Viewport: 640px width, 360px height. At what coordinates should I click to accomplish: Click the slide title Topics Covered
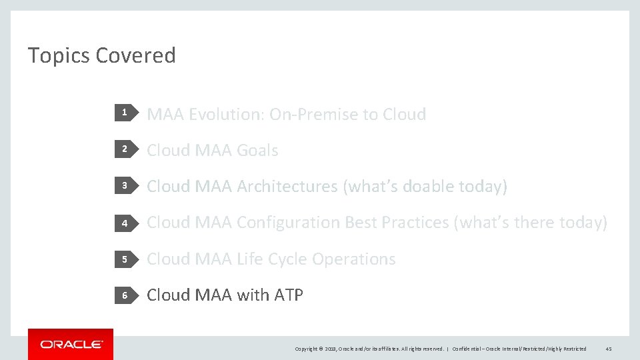(x=101, y=55)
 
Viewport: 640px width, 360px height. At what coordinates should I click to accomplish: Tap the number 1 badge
(x=124, y=114)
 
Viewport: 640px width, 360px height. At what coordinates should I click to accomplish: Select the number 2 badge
(x=124, y=150)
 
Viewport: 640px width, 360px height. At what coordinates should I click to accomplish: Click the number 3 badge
(x=124, y=186)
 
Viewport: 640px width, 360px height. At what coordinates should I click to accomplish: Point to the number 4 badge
(x=124, y=223)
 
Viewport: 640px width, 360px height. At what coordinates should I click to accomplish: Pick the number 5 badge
(x=124, y=259)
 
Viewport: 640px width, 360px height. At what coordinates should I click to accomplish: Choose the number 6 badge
(x=124, y=295)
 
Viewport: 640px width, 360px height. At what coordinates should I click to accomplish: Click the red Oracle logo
(x=71, y=344)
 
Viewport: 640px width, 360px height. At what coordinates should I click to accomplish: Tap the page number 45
(x=608, y=349)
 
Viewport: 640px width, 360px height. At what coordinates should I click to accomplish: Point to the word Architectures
(x=287, y=187)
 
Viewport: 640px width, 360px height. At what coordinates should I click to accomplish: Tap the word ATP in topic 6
(x=288, y=295)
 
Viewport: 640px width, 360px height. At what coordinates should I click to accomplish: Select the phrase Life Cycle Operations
(x=316, y=259)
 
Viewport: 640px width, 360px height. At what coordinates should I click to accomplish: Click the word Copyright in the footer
(x=308, y=349)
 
